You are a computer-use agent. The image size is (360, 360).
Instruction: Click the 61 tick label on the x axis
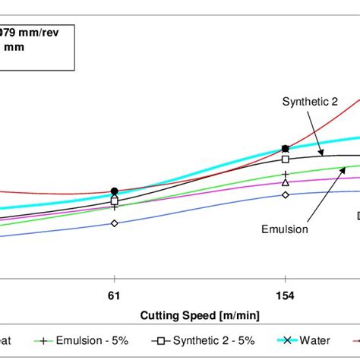pyautogui.click(x=114, y=292)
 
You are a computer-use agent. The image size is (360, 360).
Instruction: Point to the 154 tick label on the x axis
pyautogui.click(x=285, y=292)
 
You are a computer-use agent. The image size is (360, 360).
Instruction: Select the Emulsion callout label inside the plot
pyautogui.click(x=285, y=229)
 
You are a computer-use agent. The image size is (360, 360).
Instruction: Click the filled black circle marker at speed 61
pyautogui.click(x=114, y=191)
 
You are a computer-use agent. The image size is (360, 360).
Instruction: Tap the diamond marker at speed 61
pyautogui.click(x=114, y=223)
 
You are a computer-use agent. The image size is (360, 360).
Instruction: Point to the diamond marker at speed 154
pyautogui.click(x=285, y=195)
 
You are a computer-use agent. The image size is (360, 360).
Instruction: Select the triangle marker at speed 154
pyautogui.click(x=285, y=182)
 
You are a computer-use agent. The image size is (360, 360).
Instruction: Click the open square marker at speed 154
pyautogui.click(x=285, y=159)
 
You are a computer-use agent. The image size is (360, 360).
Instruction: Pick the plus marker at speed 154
pyautogui.click(x=285, y=175)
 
